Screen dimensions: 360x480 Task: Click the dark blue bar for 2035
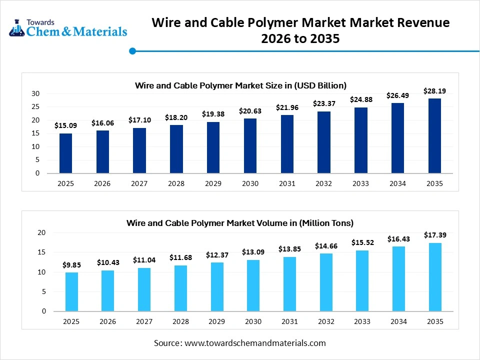point(434,136)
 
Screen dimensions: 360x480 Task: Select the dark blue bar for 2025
point(65,153)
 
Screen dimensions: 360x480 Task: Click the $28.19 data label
point(434,91)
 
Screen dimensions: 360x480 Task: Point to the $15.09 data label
point(65,125)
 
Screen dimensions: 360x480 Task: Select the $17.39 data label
point(434,234)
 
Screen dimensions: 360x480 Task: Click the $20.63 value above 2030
point(250,111)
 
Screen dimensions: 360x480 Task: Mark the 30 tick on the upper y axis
point(35,93)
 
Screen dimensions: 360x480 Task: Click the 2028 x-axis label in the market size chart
point(176,183)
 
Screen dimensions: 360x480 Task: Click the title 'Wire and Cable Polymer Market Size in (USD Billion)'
point(240,85)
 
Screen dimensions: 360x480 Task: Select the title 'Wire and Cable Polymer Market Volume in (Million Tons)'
point(240,223)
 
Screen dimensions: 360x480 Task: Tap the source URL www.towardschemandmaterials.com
point(255,343)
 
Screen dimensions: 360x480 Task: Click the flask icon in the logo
point(16,29)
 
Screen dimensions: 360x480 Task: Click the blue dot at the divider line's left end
point(132,51)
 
